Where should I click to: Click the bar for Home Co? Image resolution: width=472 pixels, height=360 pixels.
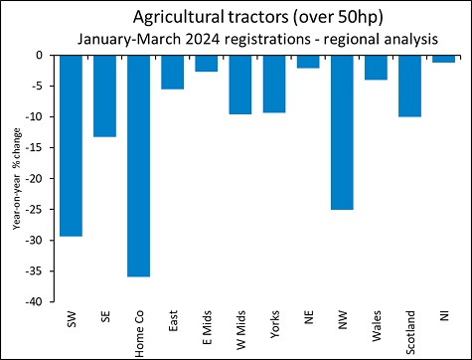[138, 165]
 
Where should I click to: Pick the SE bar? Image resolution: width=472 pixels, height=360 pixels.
[104, 95]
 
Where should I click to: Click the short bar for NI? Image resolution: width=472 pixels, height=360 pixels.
[443, 59]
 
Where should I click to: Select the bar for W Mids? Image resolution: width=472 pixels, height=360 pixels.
[240, 85]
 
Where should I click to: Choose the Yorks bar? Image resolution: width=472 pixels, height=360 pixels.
[274, 84]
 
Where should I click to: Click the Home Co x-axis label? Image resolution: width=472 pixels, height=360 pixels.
[139, 332]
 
